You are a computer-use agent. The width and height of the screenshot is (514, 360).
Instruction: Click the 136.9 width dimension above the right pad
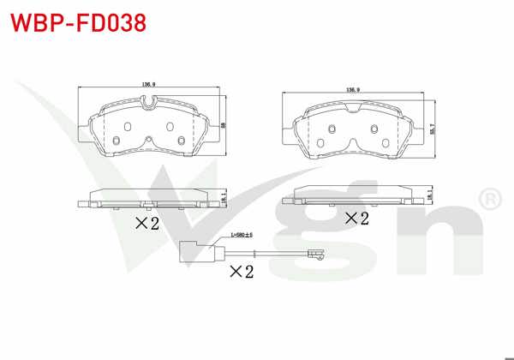[352, 89]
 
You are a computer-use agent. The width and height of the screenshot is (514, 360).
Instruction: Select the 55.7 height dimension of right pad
[433, 129]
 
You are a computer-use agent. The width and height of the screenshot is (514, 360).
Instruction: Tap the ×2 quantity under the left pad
[147, 225]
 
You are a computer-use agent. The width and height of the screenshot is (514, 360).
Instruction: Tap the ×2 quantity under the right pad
[356, 219]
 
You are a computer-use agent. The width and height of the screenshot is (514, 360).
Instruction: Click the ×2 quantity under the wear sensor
[242, 272]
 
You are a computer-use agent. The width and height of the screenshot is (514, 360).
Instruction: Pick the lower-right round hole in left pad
[181, 142]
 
